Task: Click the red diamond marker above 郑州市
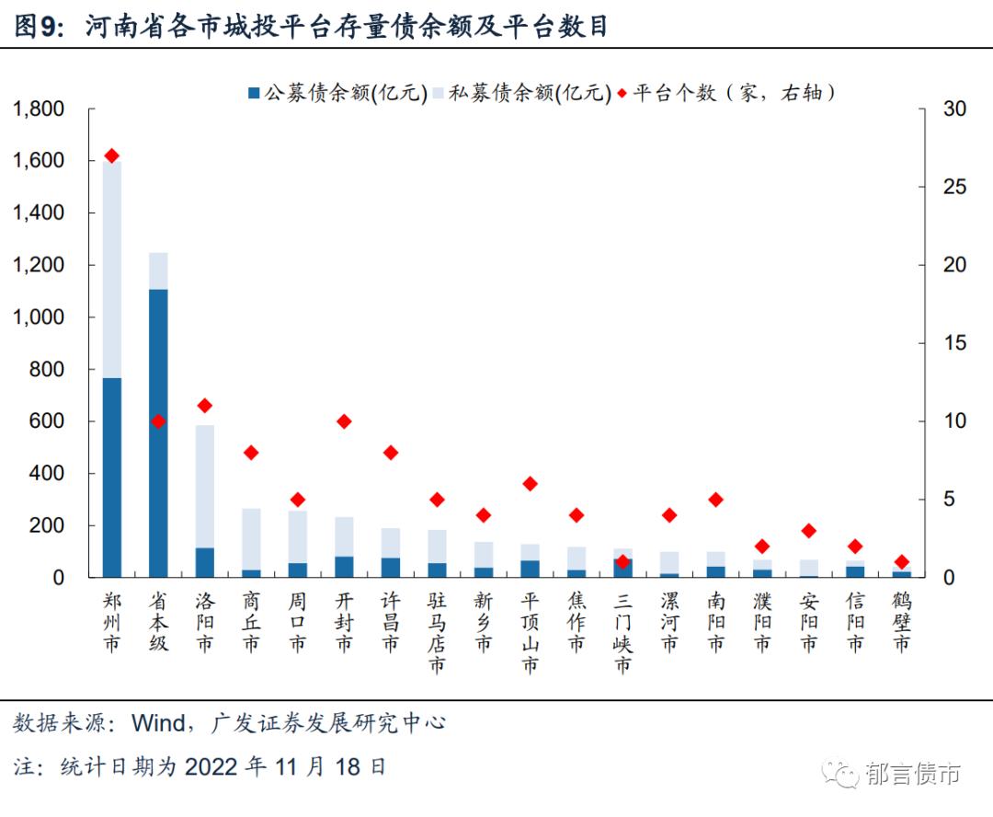(x=112, y=155)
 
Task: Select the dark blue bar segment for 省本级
(x=158, y=432)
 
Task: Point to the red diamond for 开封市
(x=344, y=421)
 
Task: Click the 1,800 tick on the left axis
(x=40, y=109)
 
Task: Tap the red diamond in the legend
(x=622, y=93)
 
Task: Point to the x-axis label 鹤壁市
(x=901, y=622)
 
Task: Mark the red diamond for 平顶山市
(x=530, y=484)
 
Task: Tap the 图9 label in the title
(x=36, y=28)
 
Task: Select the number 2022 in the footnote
(x=212, y=766)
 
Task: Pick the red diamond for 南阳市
(x=715, y=500)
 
